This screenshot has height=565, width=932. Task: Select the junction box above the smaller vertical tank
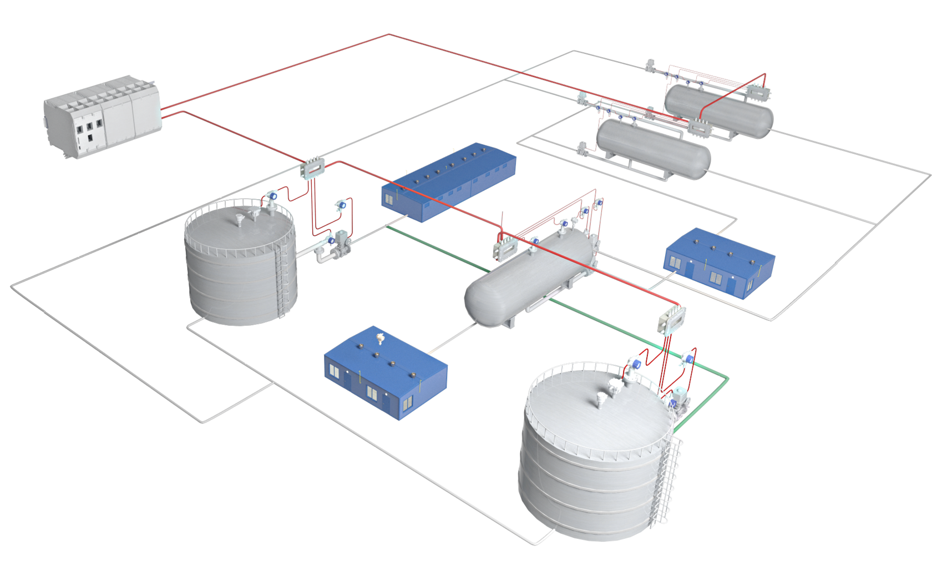coord(312,167)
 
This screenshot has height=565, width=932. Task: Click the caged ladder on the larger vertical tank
coord(668,477)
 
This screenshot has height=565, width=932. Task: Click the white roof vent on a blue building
coord(380,338)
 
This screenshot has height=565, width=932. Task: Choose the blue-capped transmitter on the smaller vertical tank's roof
coord(272,196)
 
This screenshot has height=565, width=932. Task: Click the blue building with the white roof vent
coord(386,372)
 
